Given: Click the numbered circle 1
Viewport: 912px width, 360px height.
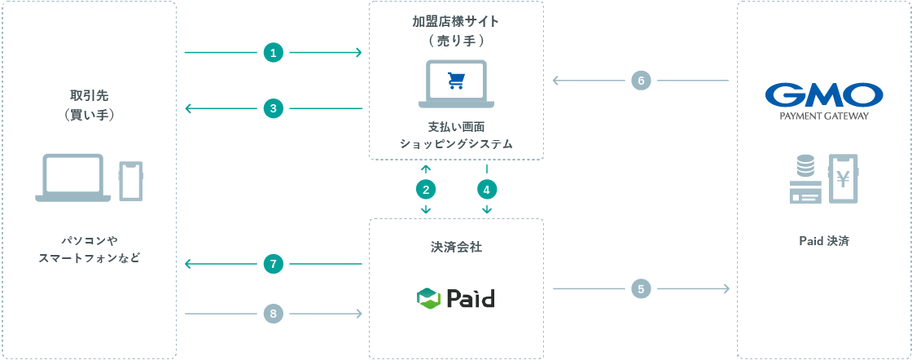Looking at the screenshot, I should coord(274,53).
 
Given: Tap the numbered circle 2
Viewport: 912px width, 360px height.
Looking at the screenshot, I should coord(425,190).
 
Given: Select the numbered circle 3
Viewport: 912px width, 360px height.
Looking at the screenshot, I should coord(274,108).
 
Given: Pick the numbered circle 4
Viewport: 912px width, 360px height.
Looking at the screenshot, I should coord(486,190).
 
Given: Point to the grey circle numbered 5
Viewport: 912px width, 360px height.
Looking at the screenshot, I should coord(642,288).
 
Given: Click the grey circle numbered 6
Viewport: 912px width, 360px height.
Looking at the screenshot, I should coord(642,81).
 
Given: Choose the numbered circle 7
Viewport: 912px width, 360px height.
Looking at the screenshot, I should coord(274,264).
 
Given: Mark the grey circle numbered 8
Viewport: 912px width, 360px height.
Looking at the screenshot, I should coord(274,313).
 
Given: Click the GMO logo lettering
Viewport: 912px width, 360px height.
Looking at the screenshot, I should coord(824,95).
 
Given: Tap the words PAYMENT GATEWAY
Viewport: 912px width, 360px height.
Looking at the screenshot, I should coord(824,116).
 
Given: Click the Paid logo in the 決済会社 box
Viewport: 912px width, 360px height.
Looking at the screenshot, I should coord(456,298).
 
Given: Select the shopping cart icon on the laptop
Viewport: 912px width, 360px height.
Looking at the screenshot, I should coord(456,81).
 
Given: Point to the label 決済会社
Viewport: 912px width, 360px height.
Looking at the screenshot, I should coord(456,247).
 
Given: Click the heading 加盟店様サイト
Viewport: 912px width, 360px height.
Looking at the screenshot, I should coord(456,21).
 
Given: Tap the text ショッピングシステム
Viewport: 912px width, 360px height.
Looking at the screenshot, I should coord(456,143).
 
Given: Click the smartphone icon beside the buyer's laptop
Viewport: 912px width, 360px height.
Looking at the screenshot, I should coord(131,181).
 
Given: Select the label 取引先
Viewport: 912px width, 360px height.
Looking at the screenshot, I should coord(89,95).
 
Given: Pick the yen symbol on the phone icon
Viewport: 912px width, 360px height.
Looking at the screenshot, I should coord(844,177).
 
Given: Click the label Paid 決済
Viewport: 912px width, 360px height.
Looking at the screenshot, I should coord(824,241).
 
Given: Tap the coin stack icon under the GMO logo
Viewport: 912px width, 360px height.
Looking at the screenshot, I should coord(805,168).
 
